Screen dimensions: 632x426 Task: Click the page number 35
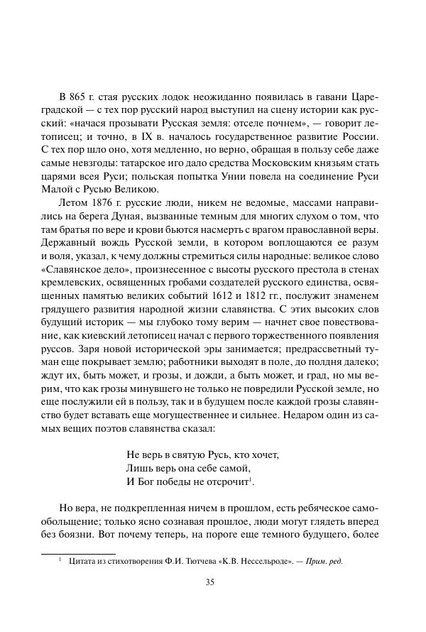(x=210, y=582)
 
